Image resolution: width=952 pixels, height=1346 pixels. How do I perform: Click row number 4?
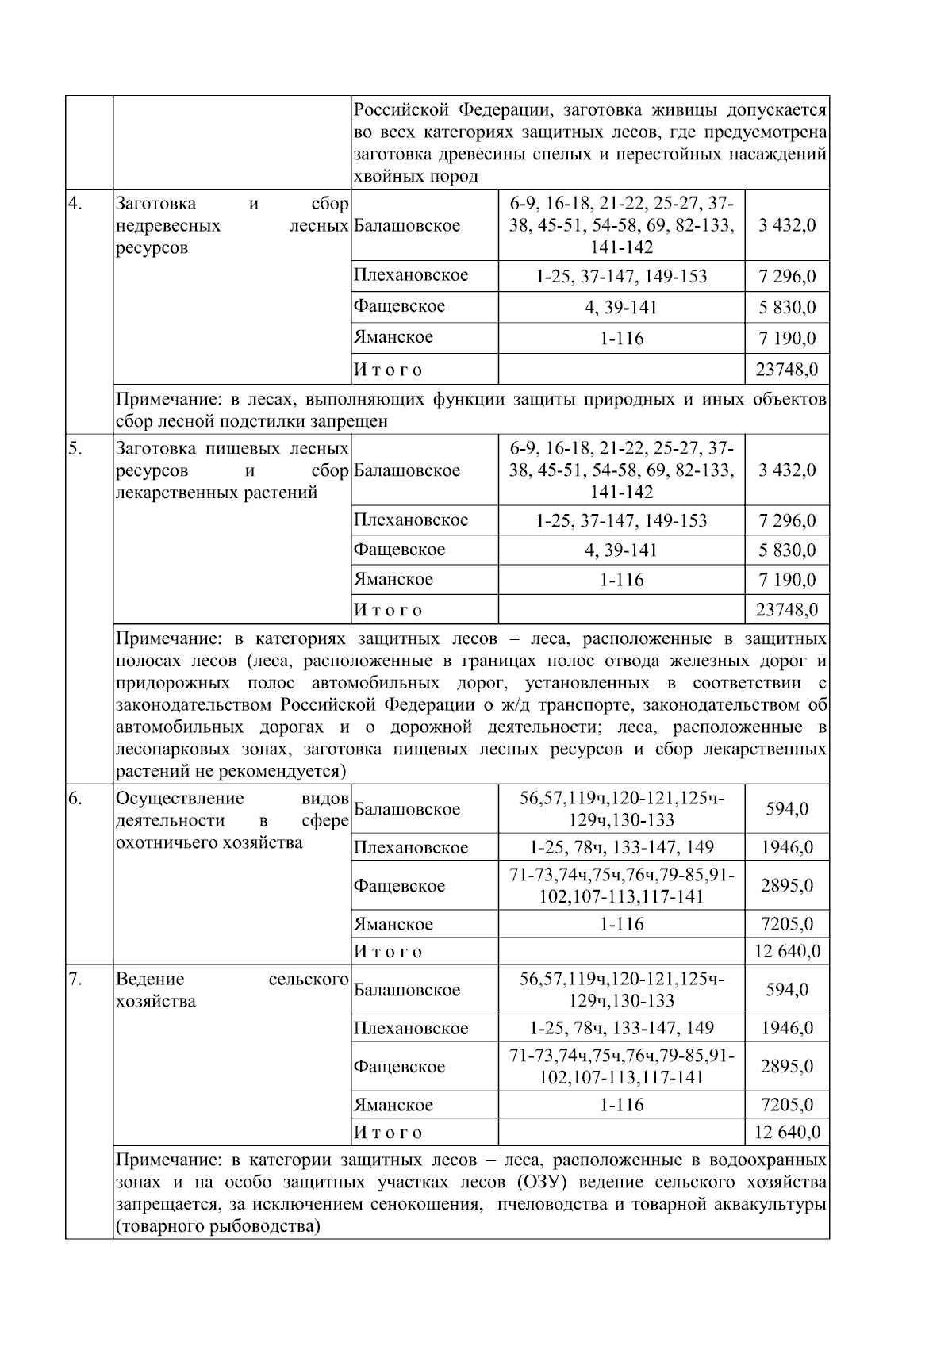75,204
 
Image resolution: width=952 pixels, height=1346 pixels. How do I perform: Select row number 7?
75,979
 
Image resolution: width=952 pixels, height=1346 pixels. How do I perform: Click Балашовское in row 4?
407,226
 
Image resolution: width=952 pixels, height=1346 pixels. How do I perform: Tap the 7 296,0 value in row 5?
786,521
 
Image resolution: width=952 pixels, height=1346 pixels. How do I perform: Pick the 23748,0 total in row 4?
786,370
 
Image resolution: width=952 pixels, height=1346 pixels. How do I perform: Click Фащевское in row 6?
399,886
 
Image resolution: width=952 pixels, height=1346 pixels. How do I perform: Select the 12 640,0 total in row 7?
786,1132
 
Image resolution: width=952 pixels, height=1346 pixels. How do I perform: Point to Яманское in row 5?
393,580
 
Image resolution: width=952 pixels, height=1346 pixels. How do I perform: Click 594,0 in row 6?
786,809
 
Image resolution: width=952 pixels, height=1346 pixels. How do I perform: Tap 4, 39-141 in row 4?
621,308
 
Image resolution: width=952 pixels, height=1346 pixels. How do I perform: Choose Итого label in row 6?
387,951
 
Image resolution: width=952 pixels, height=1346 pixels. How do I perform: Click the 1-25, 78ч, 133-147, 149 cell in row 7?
621,1029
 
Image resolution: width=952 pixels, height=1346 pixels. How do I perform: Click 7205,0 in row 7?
786,1105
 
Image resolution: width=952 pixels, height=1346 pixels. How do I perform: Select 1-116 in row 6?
621,924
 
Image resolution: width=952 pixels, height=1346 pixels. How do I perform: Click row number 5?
75,449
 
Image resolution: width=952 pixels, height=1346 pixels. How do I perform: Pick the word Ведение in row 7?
149,979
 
